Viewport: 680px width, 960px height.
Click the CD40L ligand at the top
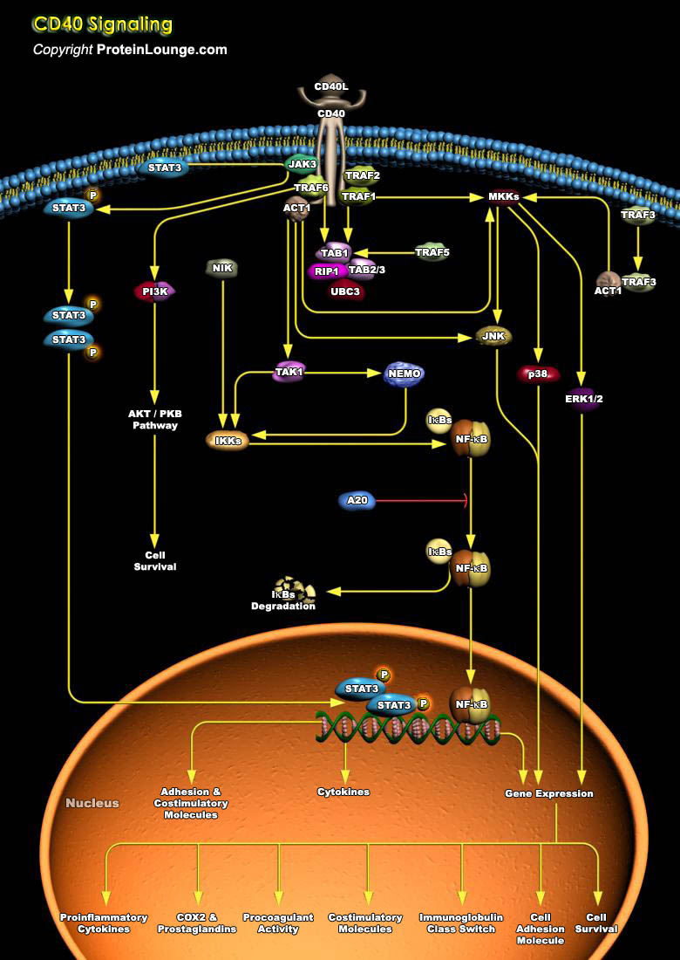coord(330,87)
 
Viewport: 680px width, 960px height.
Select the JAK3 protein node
coord(302,164)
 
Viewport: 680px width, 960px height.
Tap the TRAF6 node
coord(310,188)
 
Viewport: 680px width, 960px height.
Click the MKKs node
coord(504,197)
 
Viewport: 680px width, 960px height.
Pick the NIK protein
coord(222,268)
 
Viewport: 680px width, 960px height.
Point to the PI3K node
coord(154,291)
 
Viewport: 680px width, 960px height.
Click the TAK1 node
coord(289,372)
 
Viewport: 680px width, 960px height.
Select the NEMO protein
coord(405,374)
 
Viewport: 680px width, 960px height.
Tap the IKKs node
coord(228,441)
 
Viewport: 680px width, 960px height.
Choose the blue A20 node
coord(357,500)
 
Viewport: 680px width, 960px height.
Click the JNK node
coord(493,335)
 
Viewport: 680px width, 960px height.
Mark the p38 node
coord(537,374)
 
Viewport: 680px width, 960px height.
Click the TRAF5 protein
coord(432,253)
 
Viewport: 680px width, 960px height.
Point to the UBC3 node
coord(344,291)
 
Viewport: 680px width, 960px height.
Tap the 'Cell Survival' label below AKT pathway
coord(155,560)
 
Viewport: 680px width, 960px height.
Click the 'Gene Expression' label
coord(548,793)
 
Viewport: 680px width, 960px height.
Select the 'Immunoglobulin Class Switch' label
coord(461,923)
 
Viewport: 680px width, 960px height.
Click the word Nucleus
coord(92,803)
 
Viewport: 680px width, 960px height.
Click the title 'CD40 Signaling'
coord(103,24)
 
